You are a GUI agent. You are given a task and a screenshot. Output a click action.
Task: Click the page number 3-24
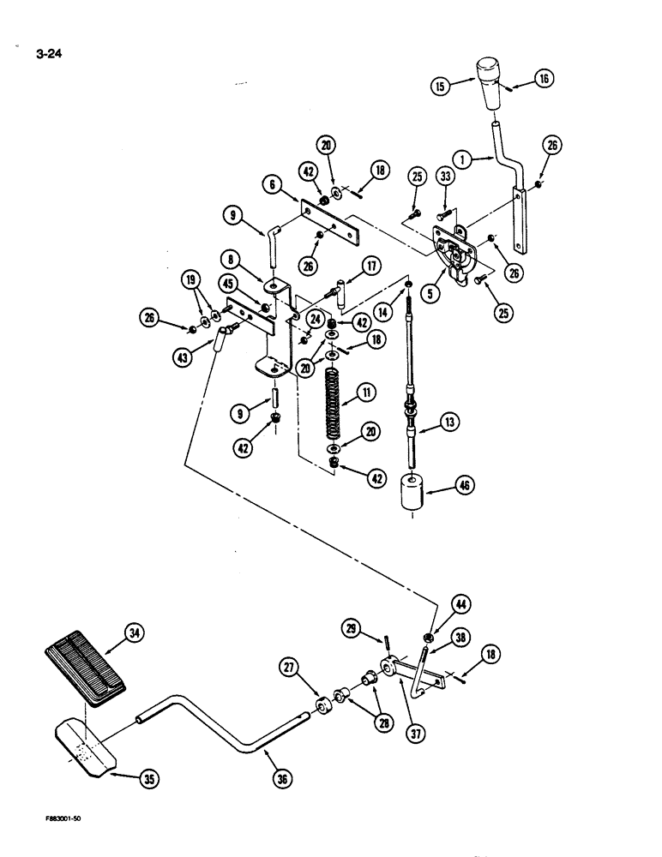51,57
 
